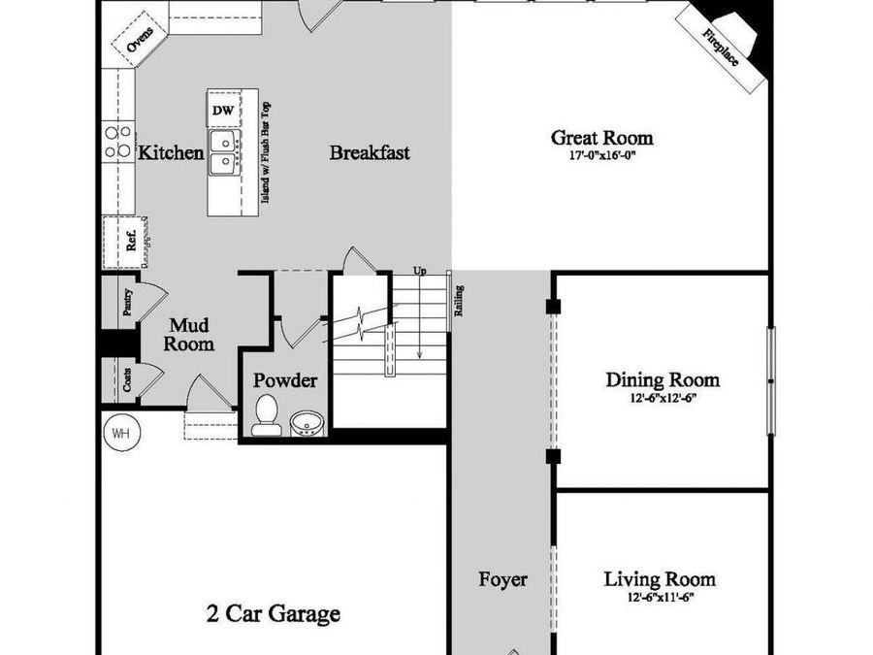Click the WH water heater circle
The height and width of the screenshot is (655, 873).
pyautogui.click(x=121, y=432)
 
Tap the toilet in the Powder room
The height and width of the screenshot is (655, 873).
pyautogui.click(x=265, y=415)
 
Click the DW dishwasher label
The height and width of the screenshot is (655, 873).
pyautogui.click(x=223, y=111)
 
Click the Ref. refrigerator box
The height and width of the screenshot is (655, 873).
pyautogui.click(x=125, y=242)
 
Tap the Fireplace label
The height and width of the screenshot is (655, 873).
pyautogui.click(x=720, y=48)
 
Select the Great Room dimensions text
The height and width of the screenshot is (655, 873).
pyautogui.click(x=601, y=155)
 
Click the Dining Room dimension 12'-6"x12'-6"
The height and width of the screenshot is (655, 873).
pyautogui.click(x=663, y=398)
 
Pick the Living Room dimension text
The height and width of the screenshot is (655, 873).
pyautogui.click(x=661, y=598)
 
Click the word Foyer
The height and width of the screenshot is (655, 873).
pyautogui.click(x=502, y=580)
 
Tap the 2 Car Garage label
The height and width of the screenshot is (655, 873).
pyautogui.click(x=273, y=614)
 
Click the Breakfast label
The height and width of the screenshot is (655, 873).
pyautogui.click(x=370, y=152)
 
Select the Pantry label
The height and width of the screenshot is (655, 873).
pyautogui.click(x=127, y=302)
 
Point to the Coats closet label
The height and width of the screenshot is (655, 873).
pyautogui.click(x=127, y=379)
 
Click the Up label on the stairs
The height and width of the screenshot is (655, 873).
pyautogui.click(x=420, y=271)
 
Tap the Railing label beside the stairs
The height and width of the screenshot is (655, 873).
pyautogui.click(x=459, y=301)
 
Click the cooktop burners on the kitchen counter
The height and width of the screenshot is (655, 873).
pyautogui.click(x=118, y=142)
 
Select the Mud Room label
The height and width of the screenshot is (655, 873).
pyautogui.click(x=189, y=334)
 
